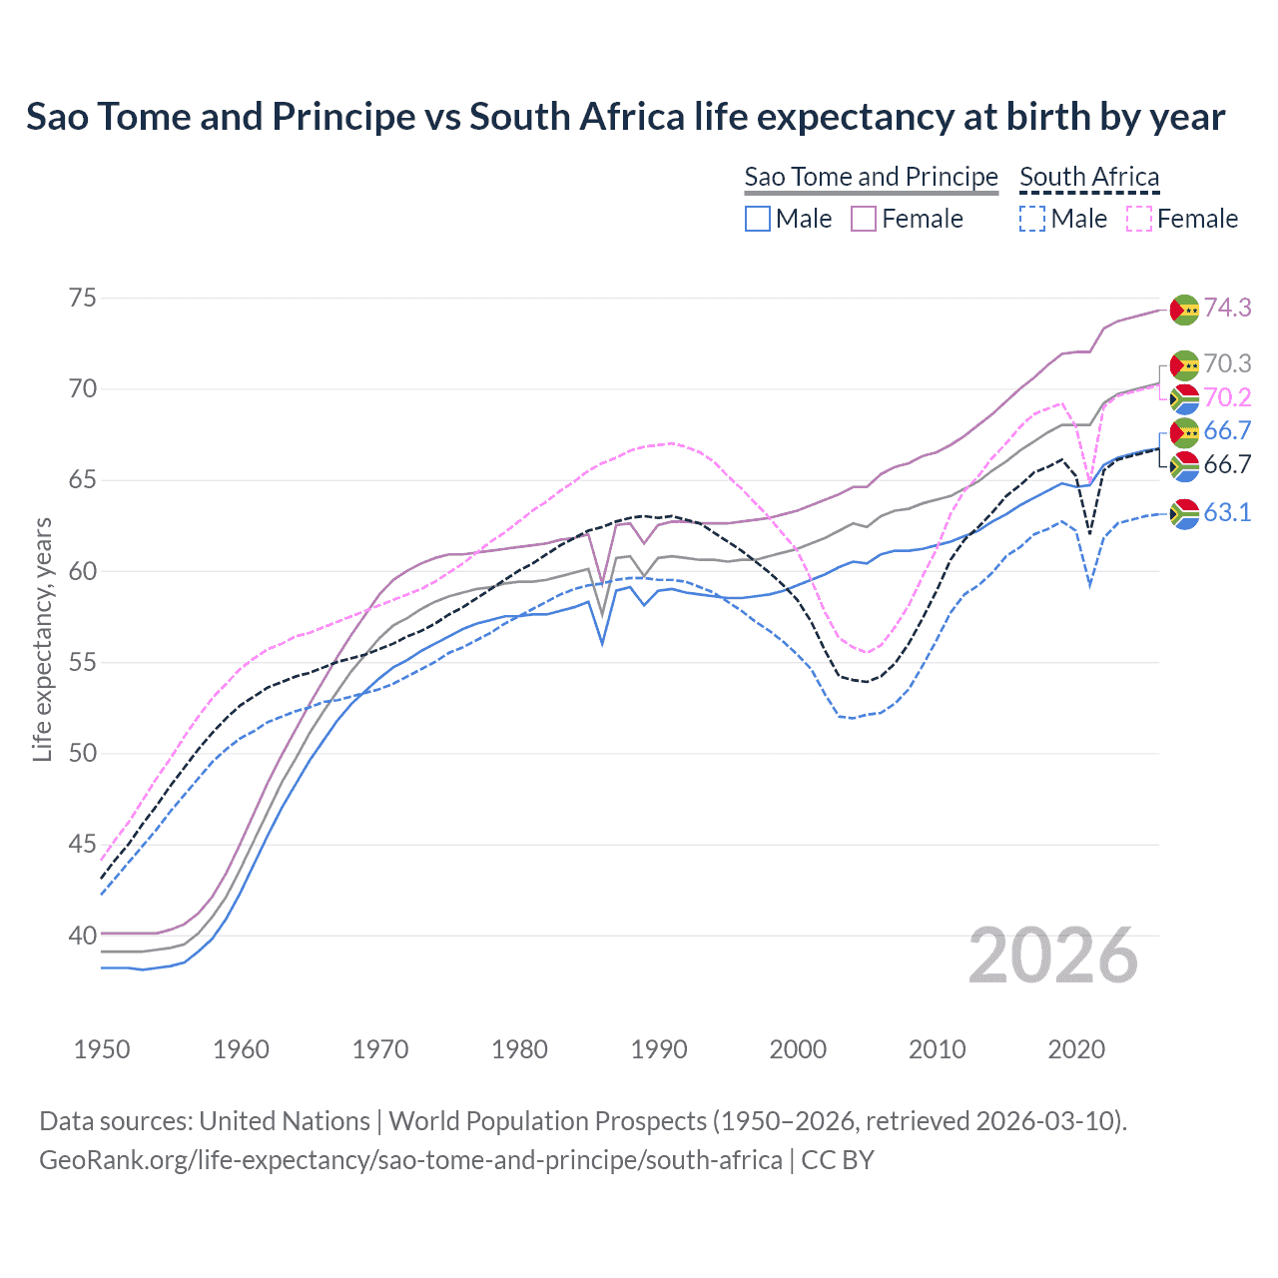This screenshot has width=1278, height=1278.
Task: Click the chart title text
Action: click(x=625, y=117)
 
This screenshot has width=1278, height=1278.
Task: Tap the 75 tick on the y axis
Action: click(x=83, y=298)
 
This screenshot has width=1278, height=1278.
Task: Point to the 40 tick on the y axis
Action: click(x=83, y=936)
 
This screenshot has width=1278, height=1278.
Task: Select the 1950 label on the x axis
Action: click(x=102, y=1049)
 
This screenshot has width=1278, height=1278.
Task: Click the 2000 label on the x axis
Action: click(x=798, y=1049)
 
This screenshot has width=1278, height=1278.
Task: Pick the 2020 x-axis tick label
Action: click(x=1076, y=1049)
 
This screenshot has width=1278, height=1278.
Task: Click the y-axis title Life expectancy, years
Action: click(x=42, y=639)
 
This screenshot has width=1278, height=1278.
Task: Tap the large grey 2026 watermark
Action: click(x=1053, y=956)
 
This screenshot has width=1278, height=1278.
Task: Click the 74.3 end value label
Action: click(x=1227, y=308)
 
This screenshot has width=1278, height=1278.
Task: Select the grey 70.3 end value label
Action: click(x=1227, y=363)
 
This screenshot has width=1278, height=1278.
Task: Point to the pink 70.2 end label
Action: click(x=1227, y=397)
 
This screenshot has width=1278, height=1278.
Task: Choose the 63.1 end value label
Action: click(x=1227, y=512)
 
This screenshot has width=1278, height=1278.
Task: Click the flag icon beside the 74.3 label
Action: click(x=1184, y=310)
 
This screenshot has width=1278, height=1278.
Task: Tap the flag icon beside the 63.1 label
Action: click(x=1184, y=513)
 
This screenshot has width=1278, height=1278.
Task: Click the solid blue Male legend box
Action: click(x=758, y=219)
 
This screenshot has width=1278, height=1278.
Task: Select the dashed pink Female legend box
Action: click(x=1139, y=219)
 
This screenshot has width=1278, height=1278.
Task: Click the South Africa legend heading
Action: click(x=1089, y=177)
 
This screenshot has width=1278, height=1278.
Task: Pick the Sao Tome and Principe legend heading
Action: click(x=871, y=177)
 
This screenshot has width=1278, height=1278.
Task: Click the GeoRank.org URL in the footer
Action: click(x=410, y=1160)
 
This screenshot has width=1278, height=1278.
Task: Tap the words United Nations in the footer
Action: click(x=285, y=1120)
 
